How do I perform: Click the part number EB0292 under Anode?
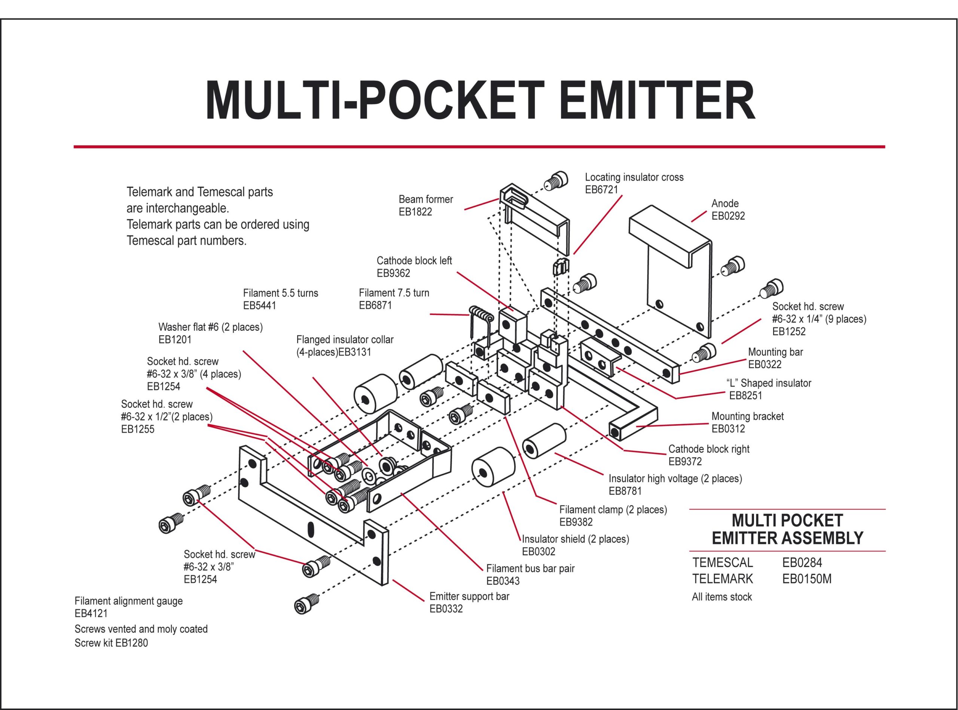728,216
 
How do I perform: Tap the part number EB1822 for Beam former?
415,212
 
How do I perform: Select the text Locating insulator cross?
634,177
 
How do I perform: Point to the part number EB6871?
375,305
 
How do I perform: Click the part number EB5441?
259,306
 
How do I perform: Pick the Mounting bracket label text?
747,416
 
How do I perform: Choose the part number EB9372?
685,461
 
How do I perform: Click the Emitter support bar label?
469,596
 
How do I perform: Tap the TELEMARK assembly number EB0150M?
807,579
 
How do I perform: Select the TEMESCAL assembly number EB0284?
802,562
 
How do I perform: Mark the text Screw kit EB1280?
111,643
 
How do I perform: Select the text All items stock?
722,597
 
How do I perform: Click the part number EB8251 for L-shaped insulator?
745,395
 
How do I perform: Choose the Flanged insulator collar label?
345,340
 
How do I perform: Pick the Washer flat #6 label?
210,327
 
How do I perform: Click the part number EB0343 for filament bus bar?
503,581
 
